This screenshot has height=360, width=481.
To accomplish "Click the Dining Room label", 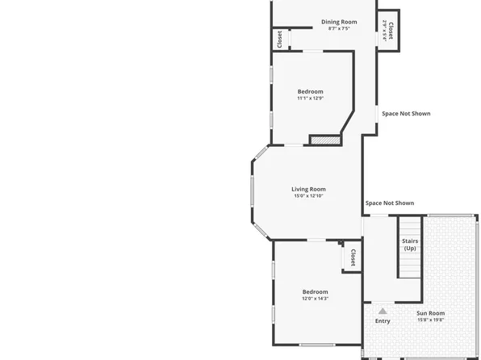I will [x=339, y=22].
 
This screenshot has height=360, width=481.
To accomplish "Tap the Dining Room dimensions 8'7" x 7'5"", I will [x=339, y=29].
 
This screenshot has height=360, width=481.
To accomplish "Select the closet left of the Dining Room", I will [x=280, y=39].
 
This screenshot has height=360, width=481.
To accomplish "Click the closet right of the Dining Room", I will [x=389, y=31].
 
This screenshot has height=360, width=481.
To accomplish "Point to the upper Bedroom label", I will [x=310, y=91].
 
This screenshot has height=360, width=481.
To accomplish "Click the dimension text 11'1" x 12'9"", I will [x=310, y=98].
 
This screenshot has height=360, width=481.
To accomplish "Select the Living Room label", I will [x=308, y=189].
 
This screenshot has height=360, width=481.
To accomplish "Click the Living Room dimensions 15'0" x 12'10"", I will [x=308, y=196].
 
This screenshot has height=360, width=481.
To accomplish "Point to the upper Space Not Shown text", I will [x=406, y=114].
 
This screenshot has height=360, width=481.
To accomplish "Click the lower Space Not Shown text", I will [x=389, y=203].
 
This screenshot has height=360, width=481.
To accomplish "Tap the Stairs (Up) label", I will [x=409, y=244].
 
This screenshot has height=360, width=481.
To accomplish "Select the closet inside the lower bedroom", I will [x=353, y=257].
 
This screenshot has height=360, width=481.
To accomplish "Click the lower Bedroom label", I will [x=315, y=291].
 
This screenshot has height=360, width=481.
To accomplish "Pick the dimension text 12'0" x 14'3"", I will [x=315, y=299].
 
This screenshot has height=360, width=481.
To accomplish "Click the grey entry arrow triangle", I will [x=383, y=310].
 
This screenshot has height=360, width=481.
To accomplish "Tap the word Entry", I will [x=383, y=320].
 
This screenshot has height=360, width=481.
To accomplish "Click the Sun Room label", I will [x=430, y=313].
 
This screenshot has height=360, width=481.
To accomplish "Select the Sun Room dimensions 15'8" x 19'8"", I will [x=430, y=320].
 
